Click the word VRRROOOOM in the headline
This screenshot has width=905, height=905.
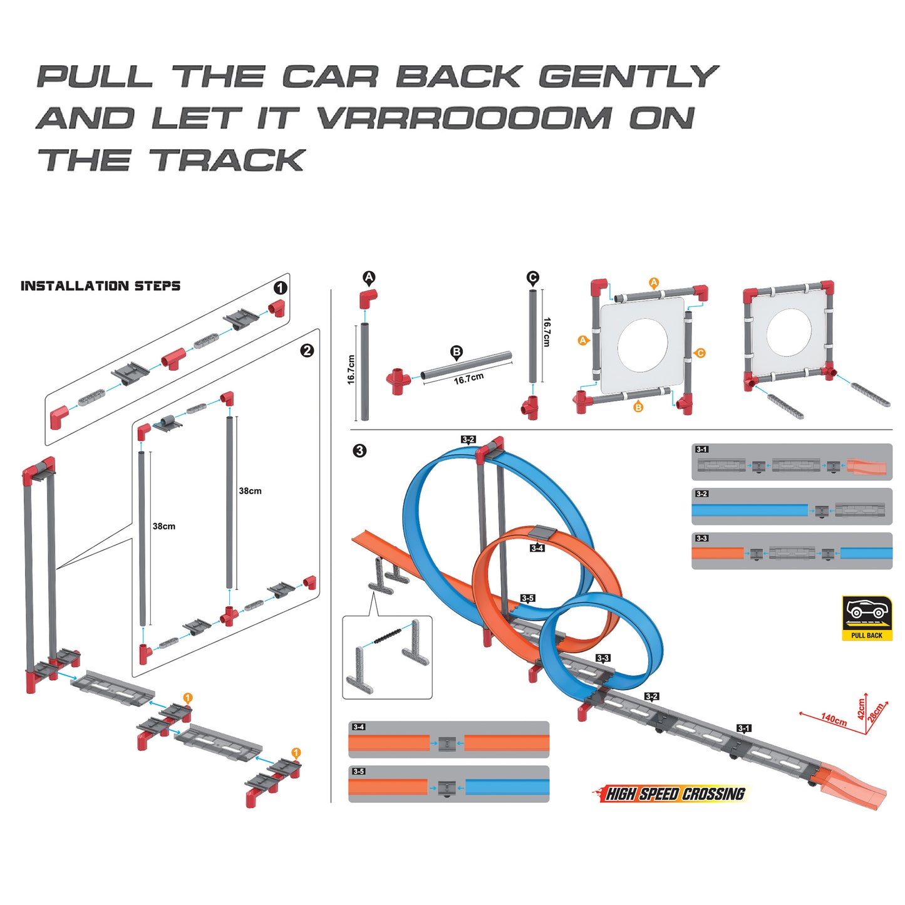pyautogui.click(x=463, y=118)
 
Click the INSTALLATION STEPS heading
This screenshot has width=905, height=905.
pyautogui.click(x=100, y=286)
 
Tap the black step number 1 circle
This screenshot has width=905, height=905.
pyautogui.click(x=281, y=287)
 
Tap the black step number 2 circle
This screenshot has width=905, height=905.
pyautogui.click(x=307, y=350)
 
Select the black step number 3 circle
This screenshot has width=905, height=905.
pyautogui.click(x=359, y=450)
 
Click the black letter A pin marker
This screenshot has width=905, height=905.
pyautogui.click(x=369, y=277)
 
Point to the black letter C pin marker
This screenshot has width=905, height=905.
pyautogui.click(x=532, y=277)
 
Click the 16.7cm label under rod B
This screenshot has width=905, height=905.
pyautogui.click(x=468, y=378)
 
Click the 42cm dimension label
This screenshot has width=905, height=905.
pyautogui.click(x=861, y=708)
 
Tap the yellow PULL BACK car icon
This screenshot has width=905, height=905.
pyautogui.click(x=867, y=618)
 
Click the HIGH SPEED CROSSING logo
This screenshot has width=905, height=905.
pyautogui.click(x=674, y=794)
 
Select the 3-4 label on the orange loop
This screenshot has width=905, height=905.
pyautogui.click(x=537, y=548)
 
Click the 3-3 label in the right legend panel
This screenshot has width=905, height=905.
pyautogui.click(x=701, y=538)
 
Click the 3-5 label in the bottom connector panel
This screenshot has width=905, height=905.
pyautogui.click(x=358, y=772)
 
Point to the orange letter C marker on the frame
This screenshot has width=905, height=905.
pyautogui.click(x=700, y=353)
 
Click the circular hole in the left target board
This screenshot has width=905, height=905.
pyautogui.click(x=642, y=345)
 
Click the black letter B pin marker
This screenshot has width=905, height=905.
pyautogui.click(x=457, y=352)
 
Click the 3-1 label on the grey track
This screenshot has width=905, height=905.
pyautogui.click(x=743, y=728)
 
